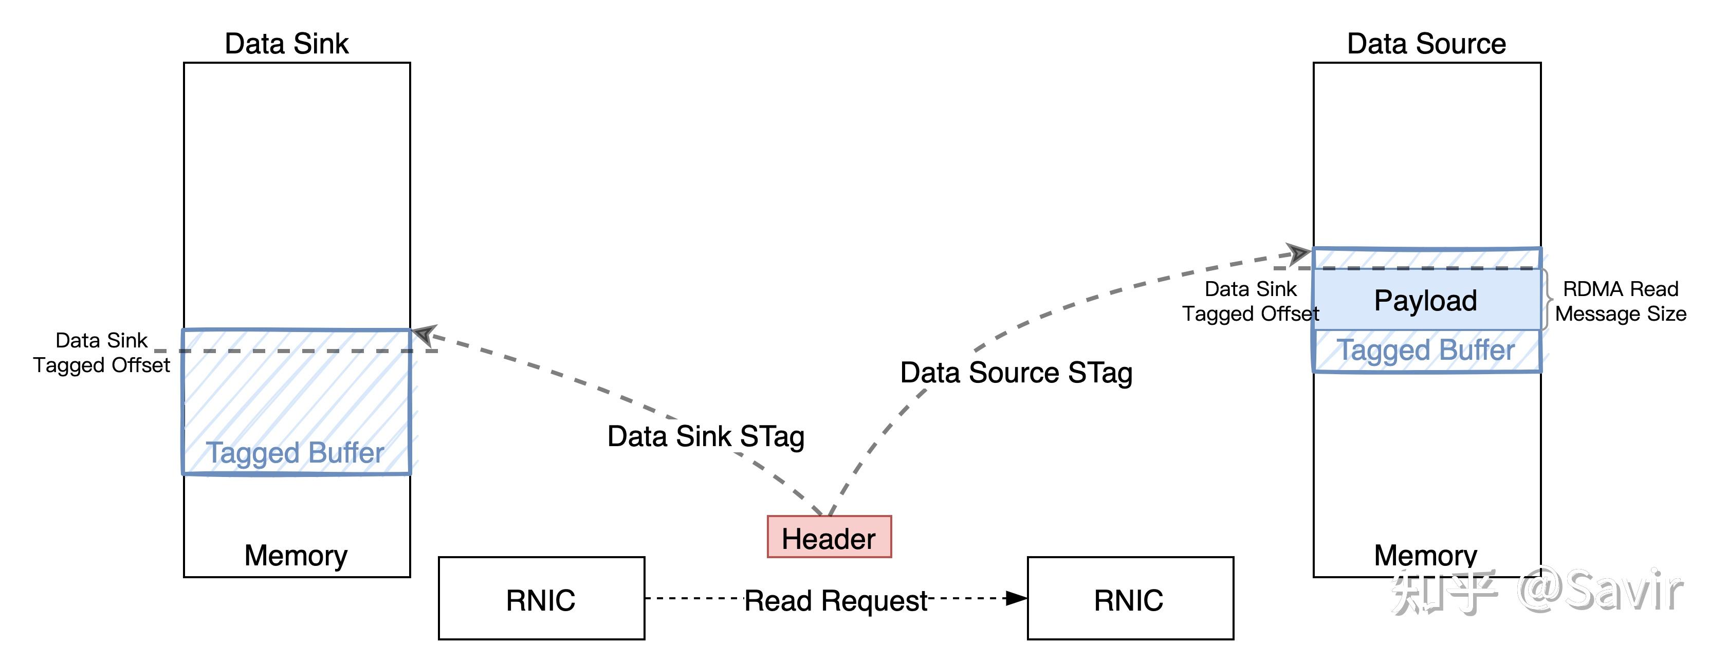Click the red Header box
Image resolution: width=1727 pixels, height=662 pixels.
click(829, 537)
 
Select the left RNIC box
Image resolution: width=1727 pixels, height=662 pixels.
click(541, 599)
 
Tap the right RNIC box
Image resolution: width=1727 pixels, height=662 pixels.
click(1130, 599)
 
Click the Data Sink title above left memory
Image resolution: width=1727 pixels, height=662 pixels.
click(286, 44)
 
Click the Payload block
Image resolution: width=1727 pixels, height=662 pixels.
click(1425, 300)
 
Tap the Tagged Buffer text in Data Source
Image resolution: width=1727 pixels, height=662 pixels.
click(1425, 350)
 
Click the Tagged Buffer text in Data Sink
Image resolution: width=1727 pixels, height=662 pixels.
click(295, 453)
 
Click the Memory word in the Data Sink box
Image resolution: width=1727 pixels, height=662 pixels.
click(296, 556)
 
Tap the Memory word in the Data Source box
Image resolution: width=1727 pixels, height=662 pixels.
click(1425, 556)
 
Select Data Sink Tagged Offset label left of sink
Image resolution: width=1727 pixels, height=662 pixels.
click(101, 352)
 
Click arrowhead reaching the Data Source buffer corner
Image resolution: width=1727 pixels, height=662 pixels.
click(1299, 253)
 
